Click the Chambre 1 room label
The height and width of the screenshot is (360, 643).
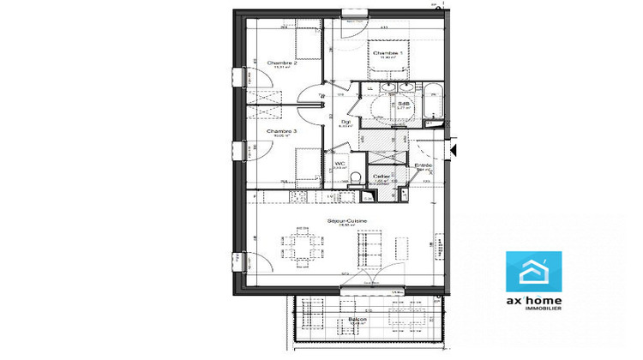pyautogui.click(x=388, y=53)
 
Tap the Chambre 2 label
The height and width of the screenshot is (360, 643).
pyautogui.click(x=281, y=63)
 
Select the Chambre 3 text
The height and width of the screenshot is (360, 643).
pyautogui.click(x=281, y=131)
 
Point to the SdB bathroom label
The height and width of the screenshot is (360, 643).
pyautogui.click(x=402, y=104)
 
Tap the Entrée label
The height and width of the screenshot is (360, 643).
pyautogui.click(x=423, y=165)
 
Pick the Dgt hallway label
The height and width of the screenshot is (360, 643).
pyautogui.click(x=346, y=123)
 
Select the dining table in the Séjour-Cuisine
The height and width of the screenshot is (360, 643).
pyautogui.click(x=301, y=249)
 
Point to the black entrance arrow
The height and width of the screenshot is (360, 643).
pyautogui.click(x=455, y=150)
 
